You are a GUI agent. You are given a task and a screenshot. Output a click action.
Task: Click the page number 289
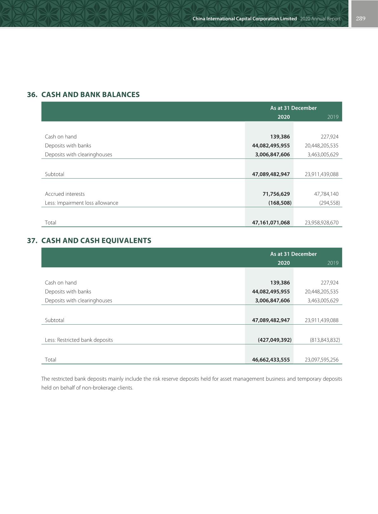tap(361, 18)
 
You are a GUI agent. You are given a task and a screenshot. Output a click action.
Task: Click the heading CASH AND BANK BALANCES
tap(91, 95)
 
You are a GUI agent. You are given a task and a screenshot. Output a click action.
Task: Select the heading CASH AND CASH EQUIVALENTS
tap(96, 241)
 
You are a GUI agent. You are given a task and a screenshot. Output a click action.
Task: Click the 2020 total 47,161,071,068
tap(271, 222)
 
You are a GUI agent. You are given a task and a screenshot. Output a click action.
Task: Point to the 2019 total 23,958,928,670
tap(321, 222)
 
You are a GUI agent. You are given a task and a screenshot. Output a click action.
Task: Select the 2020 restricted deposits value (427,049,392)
tap(274, 340)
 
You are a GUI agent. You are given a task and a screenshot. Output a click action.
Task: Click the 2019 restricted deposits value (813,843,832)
tap(325, 340)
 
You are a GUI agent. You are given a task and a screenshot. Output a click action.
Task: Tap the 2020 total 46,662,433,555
tap(271, 360)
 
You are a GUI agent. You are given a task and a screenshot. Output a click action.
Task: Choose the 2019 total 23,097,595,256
tap(321, 360)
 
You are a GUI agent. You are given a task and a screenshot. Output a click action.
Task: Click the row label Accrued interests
tap(65, 194)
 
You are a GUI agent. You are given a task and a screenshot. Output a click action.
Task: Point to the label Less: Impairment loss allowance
tap(81, 203)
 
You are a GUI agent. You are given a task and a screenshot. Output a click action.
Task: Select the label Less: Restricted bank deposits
tap(79, 340)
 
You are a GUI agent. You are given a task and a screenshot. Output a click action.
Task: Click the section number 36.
tap(32, 95)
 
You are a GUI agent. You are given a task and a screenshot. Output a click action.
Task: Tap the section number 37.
tap(32, 241)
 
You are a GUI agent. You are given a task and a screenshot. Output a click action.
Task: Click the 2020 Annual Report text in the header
tap(320, 19)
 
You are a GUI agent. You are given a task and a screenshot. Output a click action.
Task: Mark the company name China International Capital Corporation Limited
tap(245, 19)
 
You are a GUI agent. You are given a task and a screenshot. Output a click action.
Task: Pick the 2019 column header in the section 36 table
tap(333, 117)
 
